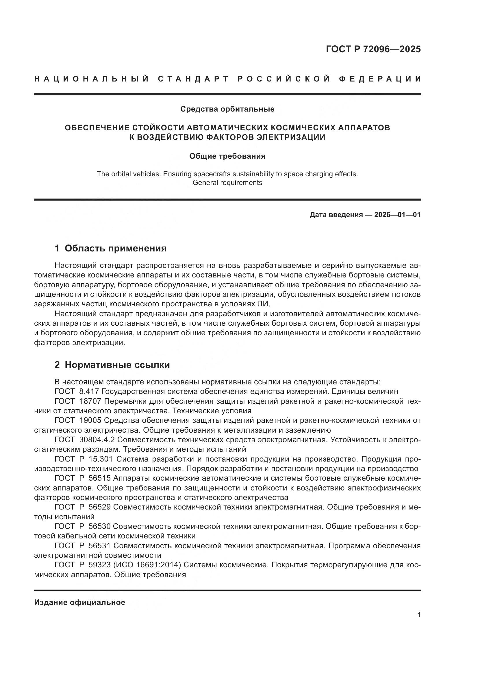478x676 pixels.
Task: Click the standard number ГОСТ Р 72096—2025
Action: point(373,49)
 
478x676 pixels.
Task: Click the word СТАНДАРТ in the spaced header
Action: point(193,79)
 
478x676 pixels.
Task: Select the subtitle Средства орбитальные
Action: point(227,109)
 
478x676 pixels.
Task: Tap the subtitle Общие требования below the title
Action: point(227,156)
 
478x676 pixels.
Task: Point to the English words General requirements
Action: point(227,183)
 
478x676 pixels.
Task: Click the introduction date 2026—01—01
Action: point(397,215)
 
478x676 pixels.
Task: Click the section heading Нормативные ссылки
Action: point(117,365)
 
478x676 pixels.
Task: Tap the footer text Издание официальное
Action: point(79,602)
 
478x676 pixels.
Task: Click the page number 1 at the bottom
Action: point(419,615)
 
